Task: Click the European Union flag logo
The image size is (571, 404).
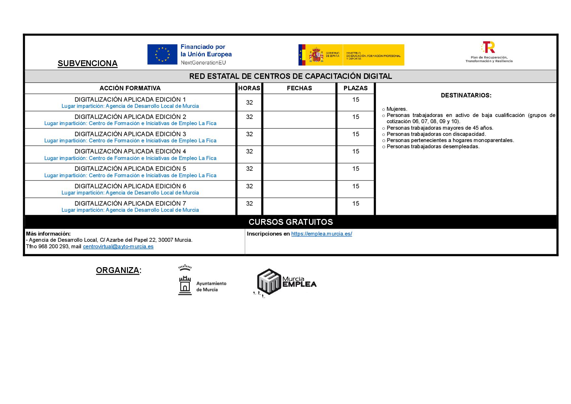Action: (162, 54)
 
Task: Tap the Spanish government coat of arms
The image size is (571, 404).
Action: (315, 55)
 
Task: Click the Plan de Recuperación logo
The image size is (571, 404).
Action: (488, 48)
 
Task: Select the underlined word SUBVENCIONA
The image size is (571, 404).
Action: (87, 63)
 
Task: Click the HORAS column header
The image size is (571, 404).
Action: (249, 88)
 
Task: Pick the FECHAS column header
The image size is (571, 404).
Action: (299, 88)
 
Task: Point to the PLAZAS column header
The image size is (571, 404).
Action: (355, 88)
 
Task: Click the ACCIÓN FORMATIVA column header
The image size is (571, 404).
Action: (130, 88)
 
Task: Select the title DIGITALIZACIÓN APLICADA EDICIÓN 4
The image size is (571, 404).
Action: (130, 151)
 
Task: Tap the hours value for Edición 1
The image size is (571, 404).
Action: (249, 103)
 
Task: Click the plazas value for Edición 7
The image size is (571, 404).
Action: (355, 204)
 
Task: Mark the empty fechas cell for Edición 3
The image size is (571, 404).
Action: (299, 137)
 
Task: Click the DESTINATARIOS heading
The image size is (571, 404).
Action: (466, 95)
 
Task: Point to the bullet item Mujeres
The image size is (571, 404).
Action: (397, 109)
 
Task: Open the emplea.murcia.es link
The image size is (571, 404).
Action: (321, 234)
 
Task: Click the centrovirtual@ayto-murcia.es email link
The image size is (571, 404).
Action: (118, 247)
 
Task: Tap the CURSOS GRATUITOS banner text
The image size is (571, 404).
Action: (290, 222)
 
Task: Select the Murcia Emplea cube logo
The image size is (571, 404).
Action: (269, 282)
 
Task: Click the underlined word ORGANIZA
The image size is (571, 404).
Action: (118, 270)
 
